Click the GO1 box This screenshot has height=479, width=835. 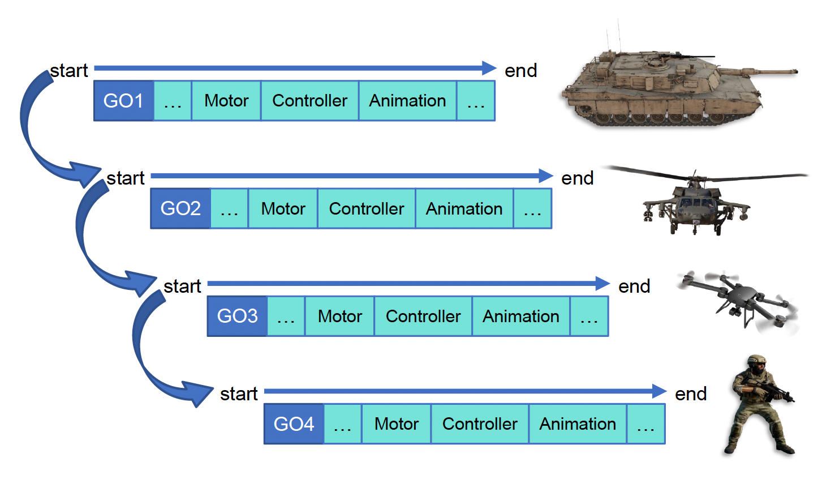[x=123, y=101]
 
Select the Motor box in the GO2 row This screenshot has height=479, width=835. [x=283, y=209]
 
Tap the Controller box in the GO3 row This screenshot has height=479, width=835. [x=423, y=317]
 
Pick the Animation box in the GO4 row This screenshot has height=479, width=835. [x=578, y=424]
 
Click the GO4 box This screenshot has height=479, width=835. [x=294, y=424]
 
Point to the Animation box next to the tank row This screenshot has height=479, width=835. [x=407, y=101]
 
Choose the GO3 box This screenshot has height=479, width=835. [x=237, y=316]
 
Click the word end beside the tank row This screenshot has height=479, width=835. [x=520, y=71]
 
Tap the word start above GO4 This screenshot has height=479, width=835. [x=239, y=394]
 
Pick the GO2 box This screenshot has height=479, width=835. [x=180, y=209]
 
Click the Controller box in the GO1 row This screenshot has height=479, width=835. [x=309, y=101]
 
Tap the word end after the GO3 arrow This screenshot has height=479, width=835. [x=634, y=286]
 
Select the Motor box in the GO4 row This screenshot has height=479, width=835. [x=396, y=424]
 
